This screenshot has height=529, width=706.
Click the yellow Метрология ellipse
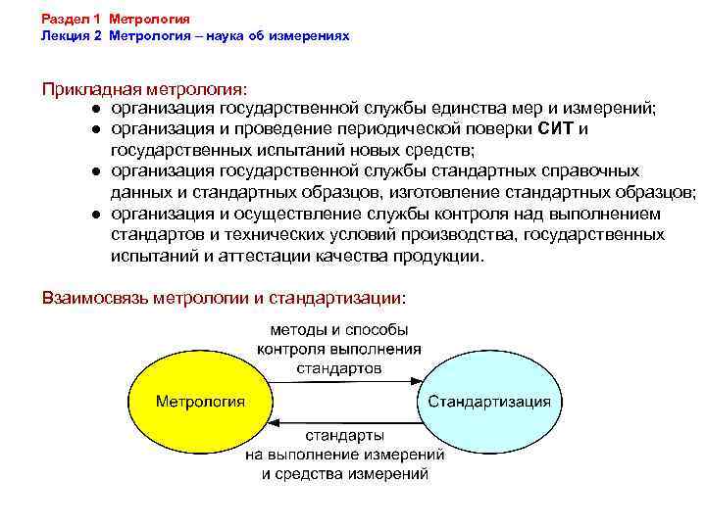click(200, 402)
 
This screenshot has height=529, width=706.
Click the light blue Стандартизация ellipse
click(488, 402)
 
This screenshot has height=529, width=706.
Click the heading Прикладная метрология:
click(145, 89)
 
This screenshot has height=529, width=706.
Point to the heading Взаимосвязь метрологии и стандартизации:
click(223, 297)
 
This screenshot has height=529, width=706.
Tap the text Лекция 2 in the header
click(72, 36)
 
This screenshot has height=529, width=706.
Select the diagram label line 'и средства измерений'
click(345, 473)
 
